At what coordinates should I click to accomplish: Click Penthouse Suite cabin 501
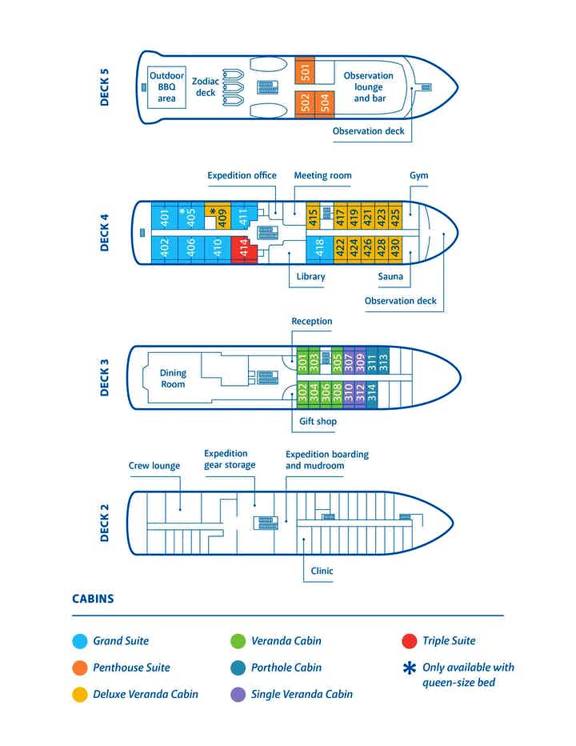[305, 71]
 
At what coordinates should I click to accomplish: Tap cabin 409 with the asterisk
[218, 214]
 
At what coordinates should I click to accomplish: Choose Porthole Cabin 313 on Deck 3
[383, 363]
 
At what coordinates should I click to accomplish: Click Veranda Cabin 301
[302, 362]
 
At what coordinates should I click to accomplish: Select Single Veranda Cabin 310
[349, 391]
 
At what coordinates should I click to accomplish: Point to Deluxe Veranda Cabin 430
[394, 247]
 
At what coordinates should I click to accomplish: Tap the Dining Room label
[173, 379]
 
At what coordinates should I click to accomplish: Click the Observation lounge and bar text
[368, 87]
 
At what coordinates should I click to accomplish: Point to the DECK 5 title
[105, 87]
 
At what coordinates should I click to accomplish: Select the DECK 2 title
[105, 523]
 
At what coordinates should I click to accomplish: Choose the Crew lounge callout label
[154, 466]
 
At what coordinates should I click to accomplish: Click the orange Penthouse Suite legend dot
[79, 668]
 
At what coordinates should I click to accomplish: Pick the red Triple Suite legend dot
[410, 641]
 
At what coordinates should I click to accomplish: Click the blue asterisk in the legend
[410, 668]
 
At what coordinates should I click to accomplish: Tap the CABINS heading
[93, 599]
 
